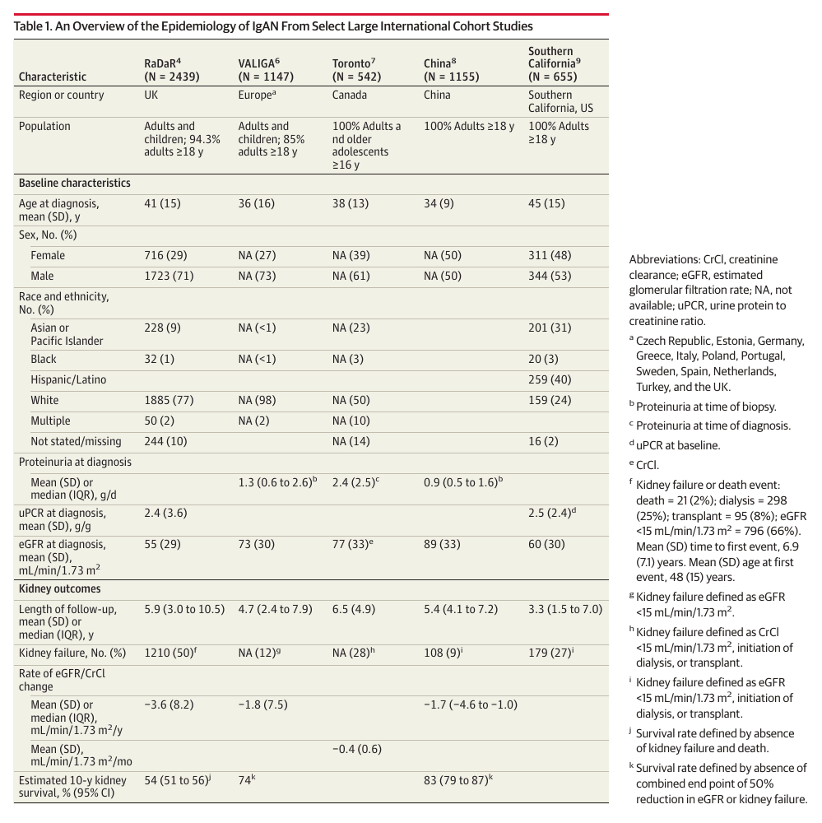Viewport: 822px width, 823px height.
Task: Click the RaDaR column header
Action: pos(172,70)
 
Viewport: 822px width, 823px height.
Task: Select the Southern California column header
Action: pos(555,63)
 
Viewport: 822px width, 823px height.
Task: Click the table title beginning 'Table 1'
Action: pos(273,26)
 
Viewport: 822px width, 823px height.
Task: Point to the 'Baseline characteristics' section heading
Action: pos(75,184)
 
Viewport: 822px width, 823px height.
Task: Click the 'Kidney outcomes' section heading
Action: pos(60,589)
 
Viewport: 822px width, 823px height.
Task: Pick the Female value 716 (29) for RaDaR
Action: pos(165,256)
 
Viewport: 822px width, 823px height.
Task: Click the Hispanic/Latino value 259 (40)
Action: pos(550,379)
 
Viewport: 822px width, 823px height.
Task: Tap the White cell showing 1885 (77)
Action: pos(169,401)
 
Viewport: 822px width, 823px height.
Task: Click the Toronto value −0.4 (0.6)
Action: pos(357,749)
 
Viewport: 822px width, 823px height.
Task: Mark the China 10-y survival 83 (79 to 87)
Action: pos(458,780)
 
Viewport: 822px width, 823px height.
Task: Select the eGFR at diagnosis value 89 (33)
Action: pos(442,544)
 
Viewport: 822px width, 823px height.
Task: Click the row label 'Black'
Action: pos(43,359)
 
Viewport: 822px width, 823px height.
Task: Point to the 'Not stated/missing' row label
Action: pos(76,441)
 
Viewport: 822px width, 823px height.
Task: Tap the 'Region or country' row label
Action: pos(62,95)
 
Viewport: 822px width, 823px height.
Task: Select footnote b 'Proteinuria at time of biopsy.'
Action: pos(703,407)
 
